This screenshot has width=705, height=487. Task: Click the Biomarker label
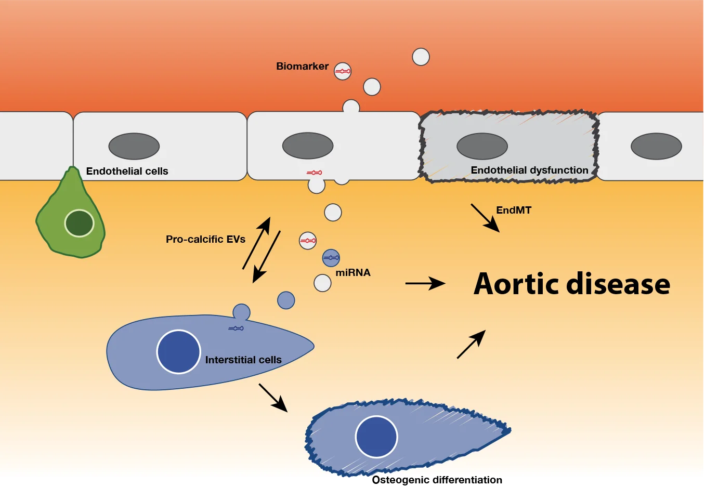tap(302, 67)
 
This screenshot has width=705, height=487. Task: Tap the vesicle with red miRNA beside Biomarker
tap(343, 71)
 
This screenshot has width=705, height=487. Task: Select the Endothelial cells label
tap(127, 172)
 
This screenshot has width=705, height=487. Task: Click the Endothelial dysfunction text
tap(529, 170)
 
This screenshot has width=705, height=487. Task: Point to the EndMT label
tap(514, 210)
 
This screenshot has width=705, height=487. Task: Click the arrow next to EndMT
tap(485, 217)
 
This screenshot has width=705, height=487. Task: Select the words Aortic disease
tap(572, 284)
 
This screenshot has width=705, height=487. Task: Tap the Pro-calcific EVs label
tap(205, 240)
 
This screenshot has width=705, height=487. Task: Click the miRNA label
tap(353, 273)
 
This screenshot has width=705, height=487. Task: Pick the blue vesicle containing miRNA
tap(331, 258)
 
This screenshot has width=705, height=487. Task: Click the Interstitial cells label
tap(243, 360)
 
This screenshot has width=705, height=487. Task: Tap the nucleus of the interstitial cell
tap(179, 352)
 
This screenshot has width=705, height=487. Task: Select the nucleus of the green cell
tap(79, 223)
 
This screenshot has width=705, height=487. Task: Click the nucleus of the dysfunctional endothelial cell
tap(482, 146)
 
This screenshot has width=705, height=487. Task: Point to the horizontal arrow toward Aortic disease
tap(425, 283)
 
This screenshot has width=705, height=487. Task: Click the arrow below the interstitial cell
tap(273, 398)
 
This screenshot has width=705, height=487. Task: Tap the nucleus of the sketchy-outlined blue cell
tap(376, 437)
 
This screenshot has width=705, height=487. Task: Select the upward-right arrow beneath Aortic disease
tap(471, 344)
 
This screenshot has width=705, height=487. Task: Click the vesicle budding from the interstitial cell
tap(241, 312)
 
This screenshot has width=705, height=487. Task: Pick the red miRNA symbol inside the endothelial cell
tap(314, 173)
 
